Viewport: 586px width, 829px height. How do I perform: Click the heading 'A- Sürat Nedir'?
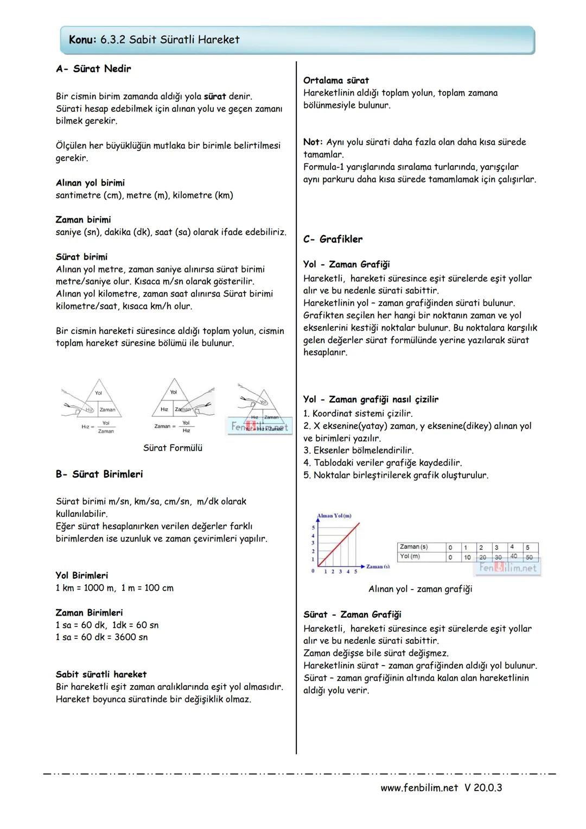coord(93,69)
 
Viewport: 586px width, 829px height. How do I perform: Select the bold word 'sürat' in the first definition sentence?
coord(215,97)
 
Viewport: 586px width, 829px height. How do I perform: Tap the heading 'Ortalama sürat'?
coord(336,80)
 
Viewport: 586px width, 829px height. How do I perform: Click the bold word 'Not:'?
coord(313,142)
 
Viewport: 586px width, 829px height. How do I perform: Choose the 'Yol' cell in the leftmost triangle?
coord(99,393)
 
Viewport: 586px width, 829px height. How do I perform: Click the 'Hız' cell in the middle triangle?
coord(164,409)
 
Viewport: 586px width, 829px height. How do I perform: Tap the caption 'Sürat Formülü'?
coord(173,448)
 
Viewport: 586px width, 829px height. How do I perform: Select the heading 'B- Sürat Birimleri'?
coord(99,474)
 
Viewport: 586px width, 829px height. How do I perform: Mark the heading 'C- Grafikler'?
coord(333,239)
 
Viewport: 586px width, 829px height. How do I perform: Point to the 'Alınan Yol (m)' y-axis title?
coord(334,515)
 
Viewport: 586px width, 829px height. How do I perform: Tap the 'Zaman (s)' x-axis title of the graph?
coord(378,567)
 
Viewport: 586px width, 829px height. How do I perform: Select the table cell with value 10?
coord(467,557)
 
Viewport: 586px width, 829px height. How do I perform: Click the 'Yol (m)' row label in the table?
coord(410,556)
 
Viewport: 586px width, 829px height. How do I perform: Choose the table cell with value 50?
coord(529,557)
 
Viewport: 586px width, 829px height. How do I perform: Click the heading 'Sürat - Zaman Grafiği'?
coord(353,615)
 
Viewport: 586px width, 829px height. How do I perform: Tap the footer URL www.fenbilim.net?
coord(419,787)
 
